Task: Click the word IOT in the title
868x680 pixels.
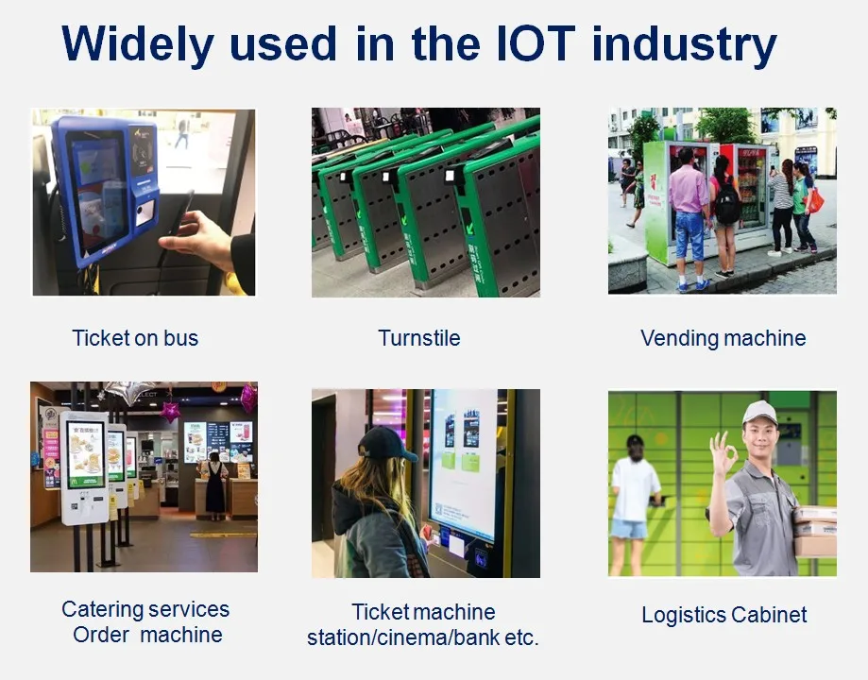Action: pos(536,42)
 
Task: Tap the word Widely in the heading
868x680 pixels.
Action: pos(137,44)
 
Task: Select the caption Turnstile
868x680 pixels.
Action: pos(419,338)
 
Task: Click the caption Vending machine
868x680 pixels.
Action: pos(723,338)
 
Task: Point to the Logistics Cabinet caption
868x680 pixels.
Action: pos(724,615)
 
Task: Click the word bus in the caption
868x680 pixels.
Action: pos(180,338)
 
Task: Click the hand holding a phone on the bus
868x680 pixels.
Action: pos(199,239)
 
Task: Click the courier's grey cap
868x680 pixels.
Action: pos(759,413)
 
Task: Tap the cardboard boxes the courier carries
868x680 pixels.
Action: pos(815,532)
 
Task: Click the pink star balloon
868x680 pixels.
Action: pos(170,412)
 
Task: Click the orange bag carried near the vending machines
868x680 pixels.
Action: pos(816,201)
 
